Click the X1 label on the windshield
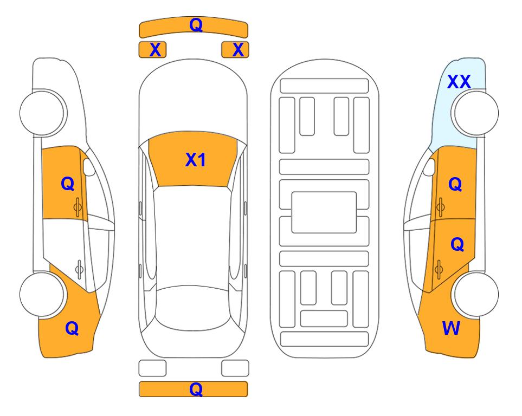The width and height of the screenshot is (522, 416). point(196,160)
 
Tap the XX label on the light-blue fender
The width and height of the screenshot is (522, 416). point(459,82)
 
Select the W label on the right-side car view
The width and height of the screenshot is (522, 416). point(451,328)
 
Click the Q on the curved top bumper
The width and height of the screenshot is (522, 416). point(196,25)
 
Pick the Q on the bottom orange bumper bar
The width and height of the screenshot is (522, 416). point(196,389)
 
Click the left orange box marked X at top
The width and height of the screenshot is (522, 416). point(152,50)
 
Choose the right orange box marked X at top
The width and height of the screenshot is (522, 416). point(235,50)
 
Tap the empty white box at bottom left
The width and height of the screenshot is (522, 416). point(152,368)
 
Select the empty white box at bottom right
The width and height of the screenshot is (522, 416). point(235,368)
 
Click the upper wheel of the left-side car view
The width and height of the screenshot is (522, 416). point(42,113)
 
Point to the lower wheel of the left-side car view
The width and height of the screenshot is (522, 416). point(42,295)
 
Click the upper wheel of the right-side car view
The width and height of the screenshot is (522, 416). point(476,113)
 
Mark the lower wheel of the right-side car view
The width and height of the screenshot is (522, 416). point(476,295)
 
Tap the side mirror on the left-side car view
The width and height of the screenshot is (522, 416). point(89,167)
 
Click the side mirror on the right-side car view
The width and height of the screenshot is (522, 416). point(429,167)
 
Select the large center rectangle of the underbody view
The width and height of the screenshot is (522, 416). point(324,212)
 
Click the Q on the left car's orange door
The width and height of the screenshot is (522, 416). point(68,184)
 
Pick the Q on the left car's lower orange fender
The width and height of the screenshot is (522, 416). point(72,328)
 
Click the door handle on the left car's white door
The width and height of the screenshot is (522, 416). point(79,269)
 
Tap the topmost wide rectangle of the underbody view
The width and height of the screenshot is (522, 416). point(324,86)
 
